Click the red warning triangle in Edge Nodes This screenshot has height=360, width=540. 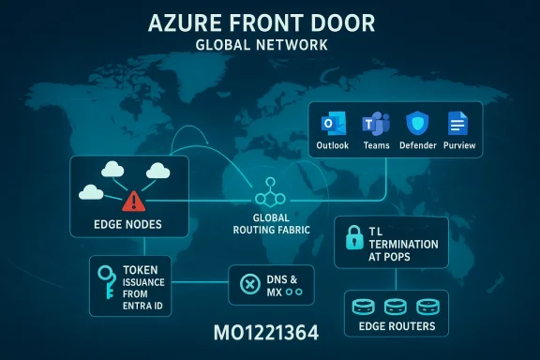(x=133, y=200)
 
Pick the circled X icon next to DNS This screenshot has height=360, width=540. (x=249, y=284)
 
